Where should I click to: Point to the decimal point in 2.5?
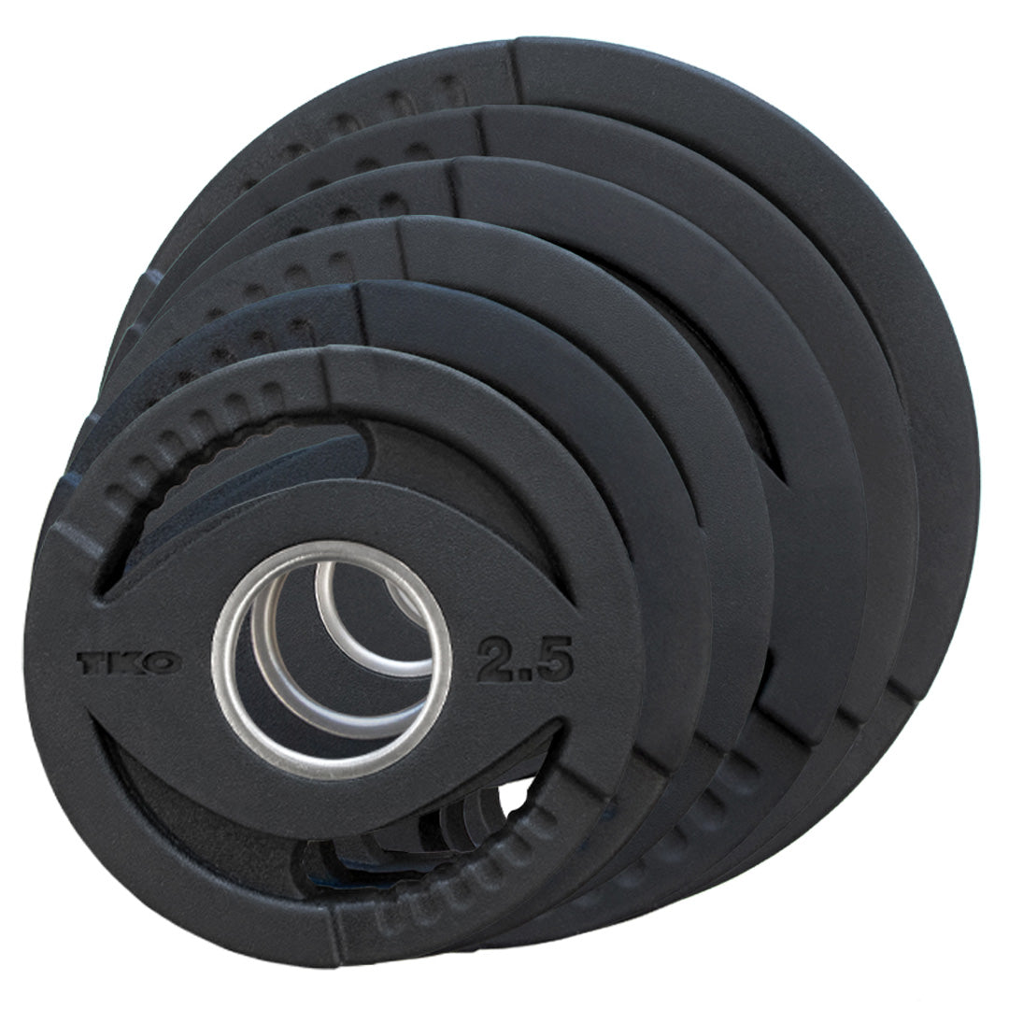(x=525, y=675)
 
